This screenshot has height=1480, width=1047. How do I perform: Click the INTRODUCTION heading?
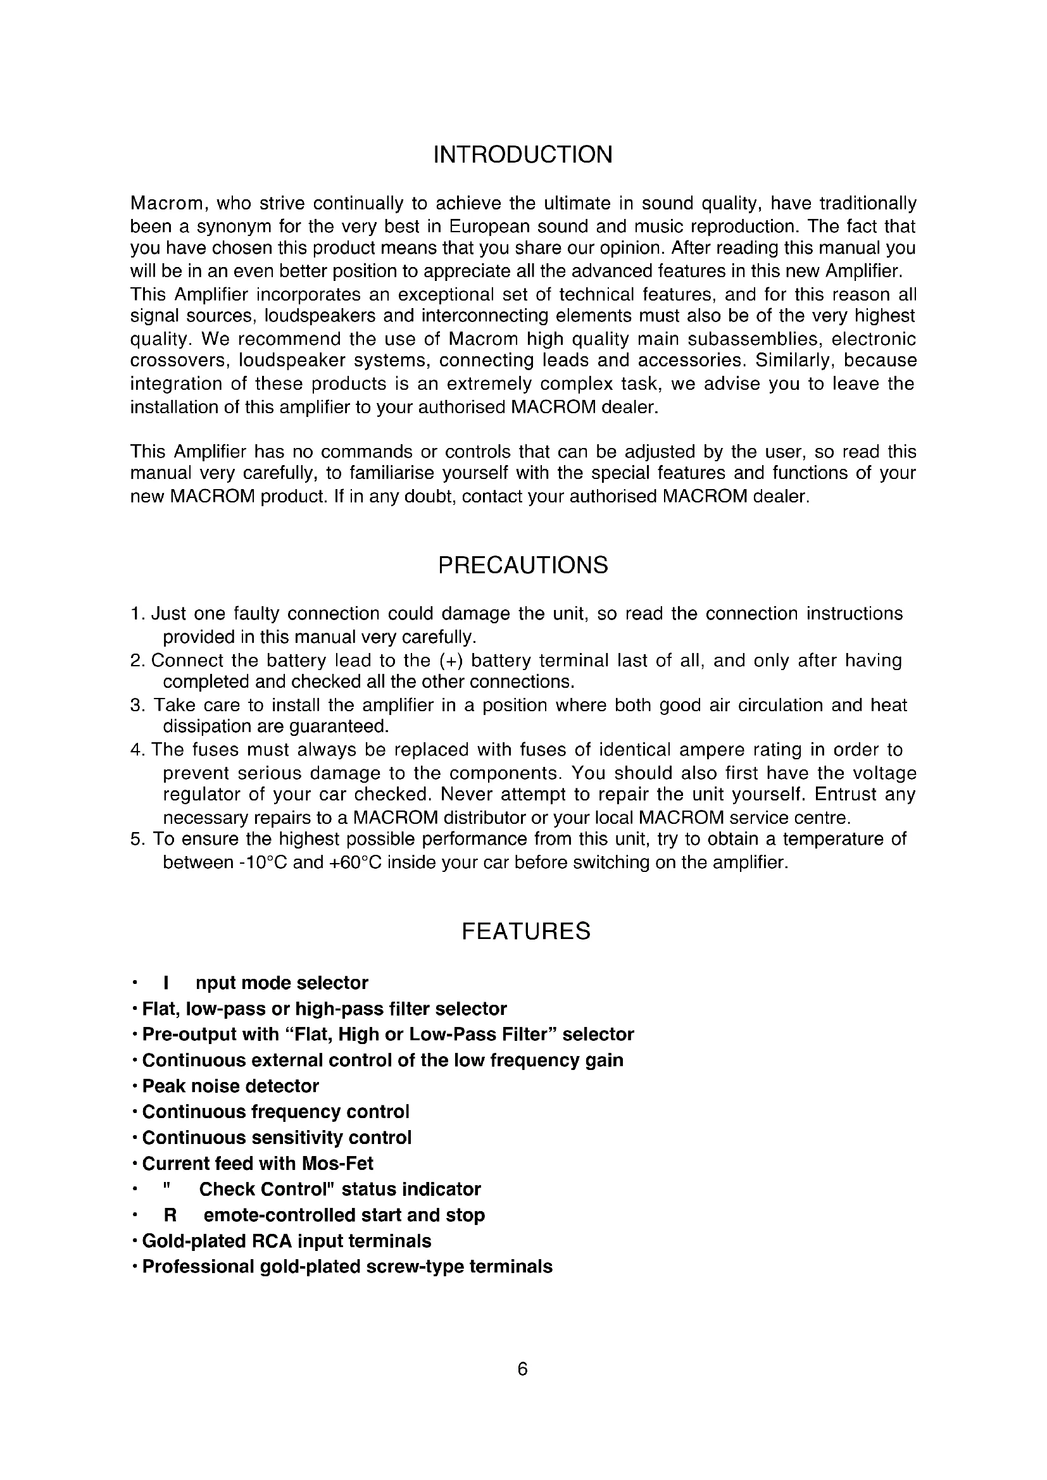point(523,156)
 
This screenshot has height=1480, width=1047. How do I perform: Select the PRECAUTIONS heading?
point(523,565)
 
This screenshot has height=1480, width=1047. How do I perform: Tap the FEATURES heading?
point(525,931)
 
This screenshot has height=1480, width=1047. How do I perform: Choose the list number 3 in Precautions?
point(135,705)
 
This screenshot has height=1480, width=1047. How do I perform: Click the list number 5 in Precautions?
point(135,839)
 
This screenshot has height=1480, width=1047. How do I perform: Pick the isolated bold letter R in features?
point(170,1215)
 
